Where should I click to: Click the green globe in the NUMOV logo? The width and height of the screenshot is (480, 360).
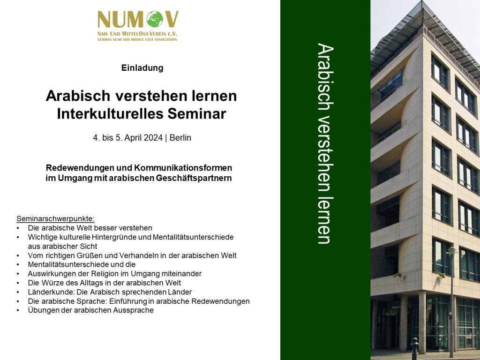(155, 19)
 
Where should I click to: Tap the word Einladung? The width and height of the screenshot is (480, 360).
(142, 67)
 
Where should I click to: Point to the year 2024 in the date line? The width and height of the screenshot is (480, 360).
(153, 138)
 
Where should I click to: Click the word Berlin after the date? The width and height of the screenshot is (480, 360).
(180, 138)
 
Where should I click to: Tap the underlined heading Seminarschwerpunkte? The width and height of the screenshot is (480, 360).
(55, 219)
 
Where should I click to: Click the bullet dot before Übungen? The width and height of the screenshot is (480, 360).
(18, 310)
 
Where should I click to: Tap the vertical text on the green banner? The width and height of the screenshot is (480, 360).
(325, 143)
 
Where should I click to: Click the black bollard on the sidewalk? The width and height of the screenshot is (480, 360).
(414, 349)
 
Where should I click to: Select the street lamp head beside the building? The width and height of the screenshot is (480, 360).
(450, 252)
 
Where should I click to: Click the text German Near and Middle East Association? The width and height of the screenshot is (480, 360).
(137, 39)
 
